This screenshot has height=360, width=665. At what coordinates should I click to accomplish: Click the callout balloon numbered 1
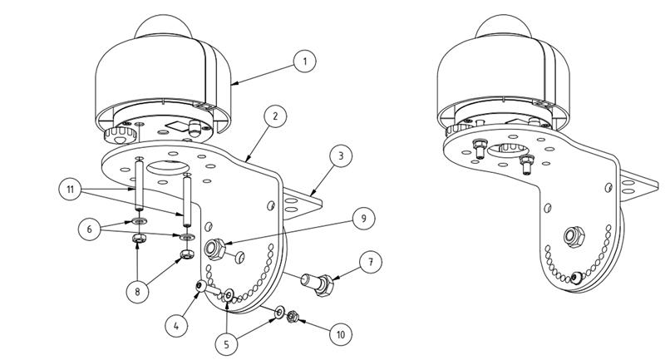pyautogui.click(x=304, y=61)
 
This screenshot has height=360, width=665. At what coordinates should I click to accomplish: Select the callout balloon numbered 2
pyautogui.click(x=275, y=116)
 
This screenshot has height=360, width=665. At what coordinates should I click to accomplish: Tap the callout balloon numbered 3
pyautogui.click(x=341, y=155)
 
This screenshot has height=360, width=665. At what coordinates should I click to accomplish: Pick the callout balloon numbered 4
pyautogui.click(x=176, y=326)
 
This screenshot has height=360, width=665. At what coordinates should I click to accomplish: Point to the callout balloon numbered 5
pyautogui.click(x=226, y=344)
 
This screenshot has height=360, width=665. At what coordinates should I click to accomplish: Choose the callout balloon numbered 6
pyautogui.click(x=90, y=229)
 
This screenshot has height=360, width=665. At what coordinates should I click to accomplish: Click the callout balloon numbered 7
pyautogui.click(x=371, y=262)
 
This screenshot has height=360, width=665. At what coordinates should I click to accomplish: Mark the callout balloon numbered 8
pyautogui.click(x=137, y=291)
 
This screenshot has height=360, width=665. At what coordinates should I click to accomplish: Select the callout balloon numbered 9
pyautogui.click(x=363, y=218)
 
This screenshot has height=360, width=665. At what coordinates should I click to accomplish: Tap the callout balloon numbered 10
pyautogui.click(x=341, y=334)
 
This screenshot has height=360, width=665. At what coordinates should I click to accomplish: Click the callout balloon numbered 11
pyautogui.click(x=71, y=189)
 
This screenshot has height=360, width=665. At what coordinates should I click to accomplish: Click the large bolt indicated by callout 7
pyautogui.click(x=317, y=284)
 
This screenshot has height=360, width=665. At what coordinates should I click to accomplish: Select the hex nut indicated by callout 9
pyautogui.click(x=214, y=249)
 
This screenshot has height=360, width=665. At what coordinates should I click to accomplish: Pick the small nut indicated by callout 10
pyautogui.click(x=292, y=316)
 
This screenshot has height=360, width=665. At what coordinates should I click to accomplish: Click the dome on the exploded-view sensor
pyautogui.click(x=163, y=27)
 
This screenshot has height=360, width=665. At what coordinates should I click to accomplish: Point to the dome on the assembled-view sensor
pyautogui.click(x=504, y=27)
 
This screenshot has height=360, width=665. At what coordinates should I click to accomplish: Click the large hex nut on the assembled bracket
pyautogui.click(x=574, y=237)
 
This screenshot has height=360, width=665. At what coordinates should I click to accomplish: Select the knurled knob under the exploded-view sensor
pyautogui.click(x=120, y=135)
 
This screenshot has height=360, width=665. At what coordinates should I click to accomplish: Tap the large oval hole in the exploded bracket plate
pyautogui.click(x=168, y=166)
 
